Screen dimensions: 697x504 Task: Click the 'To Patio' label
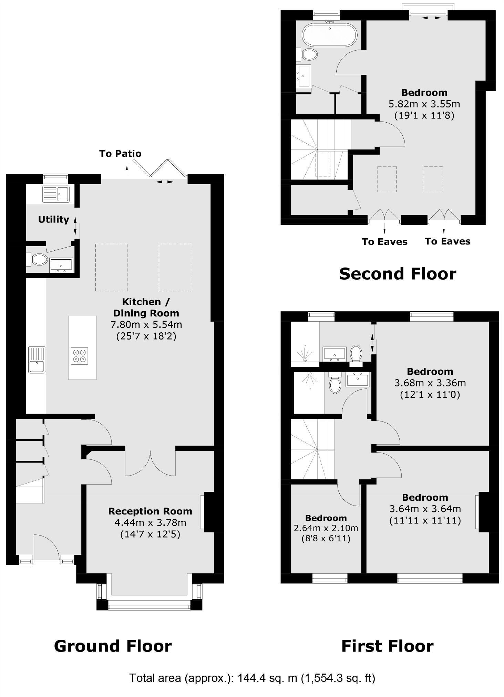pyautogui.click(x=120, y=154)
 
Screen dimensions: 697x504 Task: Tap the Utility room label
pyautogui.click(x=53, y=219)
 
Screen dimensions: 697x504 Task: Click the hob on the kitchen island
pyautogui.click(x=79, y=356)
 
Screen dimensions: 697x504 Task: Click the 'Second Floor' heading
pyautogui.click(x=397, y=274)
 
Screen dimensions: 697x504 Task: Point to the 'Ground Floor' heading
pyautogui.click(x=113, y=646)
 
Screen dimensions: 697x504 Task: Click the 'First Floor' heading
pyautogui.click(x=387, y=646)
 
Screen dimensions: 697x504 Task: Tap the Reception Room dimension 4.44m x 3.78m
pyautogui.click(x=150, y=522)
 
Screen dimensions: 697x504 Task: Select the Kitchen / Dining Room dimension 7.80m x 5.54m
pyautogui.click(x=146, y=324)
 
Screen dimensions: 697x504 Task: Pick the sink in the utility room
pyautogui.click(x=56, y=194)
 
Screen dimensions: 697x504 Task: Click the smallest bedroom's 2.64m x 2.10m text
pyautogui.click(x=326, y=528)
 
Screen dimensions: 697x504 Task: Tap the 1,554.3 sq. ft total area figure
pyautogui.click(x=338, y=678)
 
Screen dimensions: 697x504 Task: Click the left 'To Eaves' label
pyautogui.click(x=384, y=242)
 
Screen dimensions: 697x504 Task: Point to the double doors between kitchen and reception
pyautogui.click(x=150, y=463)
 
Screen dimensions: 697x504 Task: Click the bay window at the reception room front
pyautogui.click(x=149, y=605)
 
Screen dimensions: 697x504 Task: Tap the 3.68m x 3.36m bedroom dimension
pyautogui.click(x=430, y=383)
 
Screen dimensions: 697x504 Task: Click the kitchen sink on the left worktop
pyautogui.click(x=37, y=360)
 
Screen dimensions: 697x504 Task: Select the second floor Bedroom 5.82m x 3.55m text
pyautogui.click(x=424, y=104)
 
